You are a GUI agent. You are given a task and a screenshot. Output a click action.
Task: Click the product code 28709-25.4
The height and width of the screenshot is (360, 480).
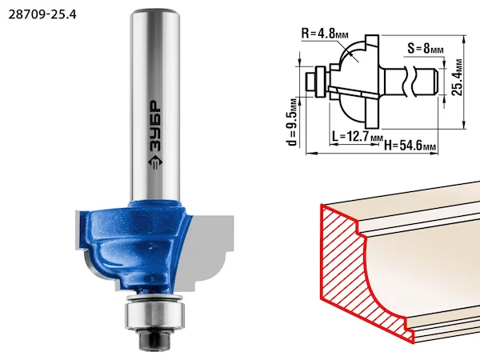[42, 14]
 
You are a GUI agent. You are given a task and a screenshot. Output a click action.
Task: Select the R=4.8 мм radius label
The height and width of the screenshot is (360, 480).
[325, 33]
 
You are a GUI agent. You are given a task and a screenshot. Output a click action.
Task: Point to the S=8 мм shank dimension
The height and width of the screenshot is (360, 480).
[426, 48]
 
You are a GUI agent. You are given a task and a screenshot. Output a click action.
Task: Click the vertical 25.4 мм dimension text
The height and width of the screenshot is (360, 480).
[457, 77]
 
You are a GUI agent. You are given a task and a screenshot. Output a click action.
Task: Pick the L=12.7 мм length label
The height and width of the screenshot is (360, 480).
[358, 137]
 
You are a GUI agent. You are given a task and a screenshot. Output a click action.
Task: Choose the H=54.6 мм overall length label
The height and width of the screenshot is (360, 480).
[410, 145]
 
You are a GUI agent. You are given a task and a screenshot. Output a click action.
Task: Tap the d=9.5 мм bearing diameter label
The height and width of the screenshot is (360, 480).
[292, 122]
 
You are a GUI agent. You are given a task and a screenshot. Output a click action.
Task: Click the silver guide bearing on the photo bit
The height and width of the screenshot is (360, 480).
[155, 314]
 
